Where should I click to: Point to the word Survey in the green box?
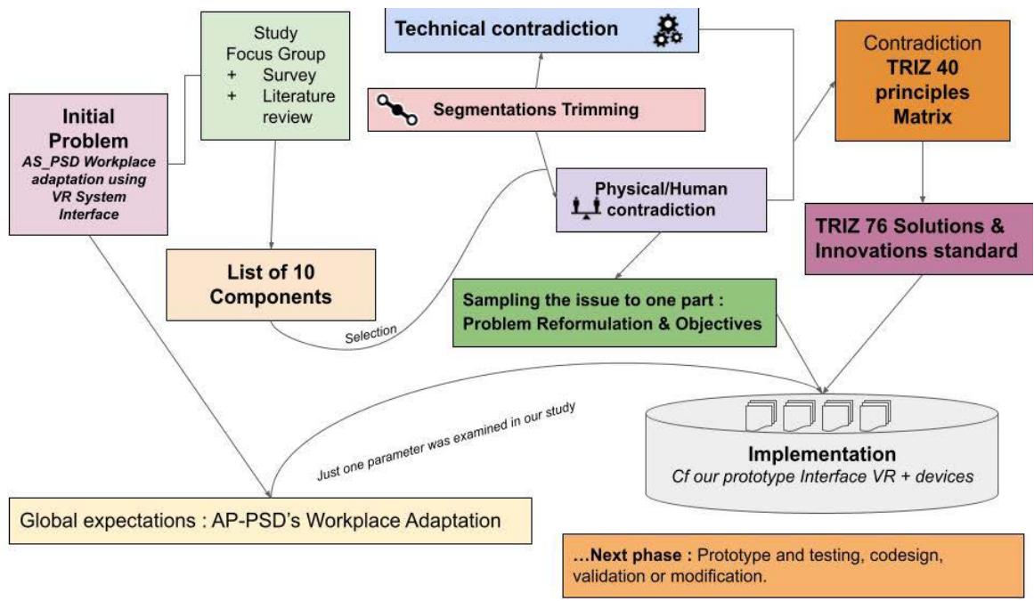tap(284, 74)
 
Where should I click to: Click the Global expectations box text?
tap(266, 518)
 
